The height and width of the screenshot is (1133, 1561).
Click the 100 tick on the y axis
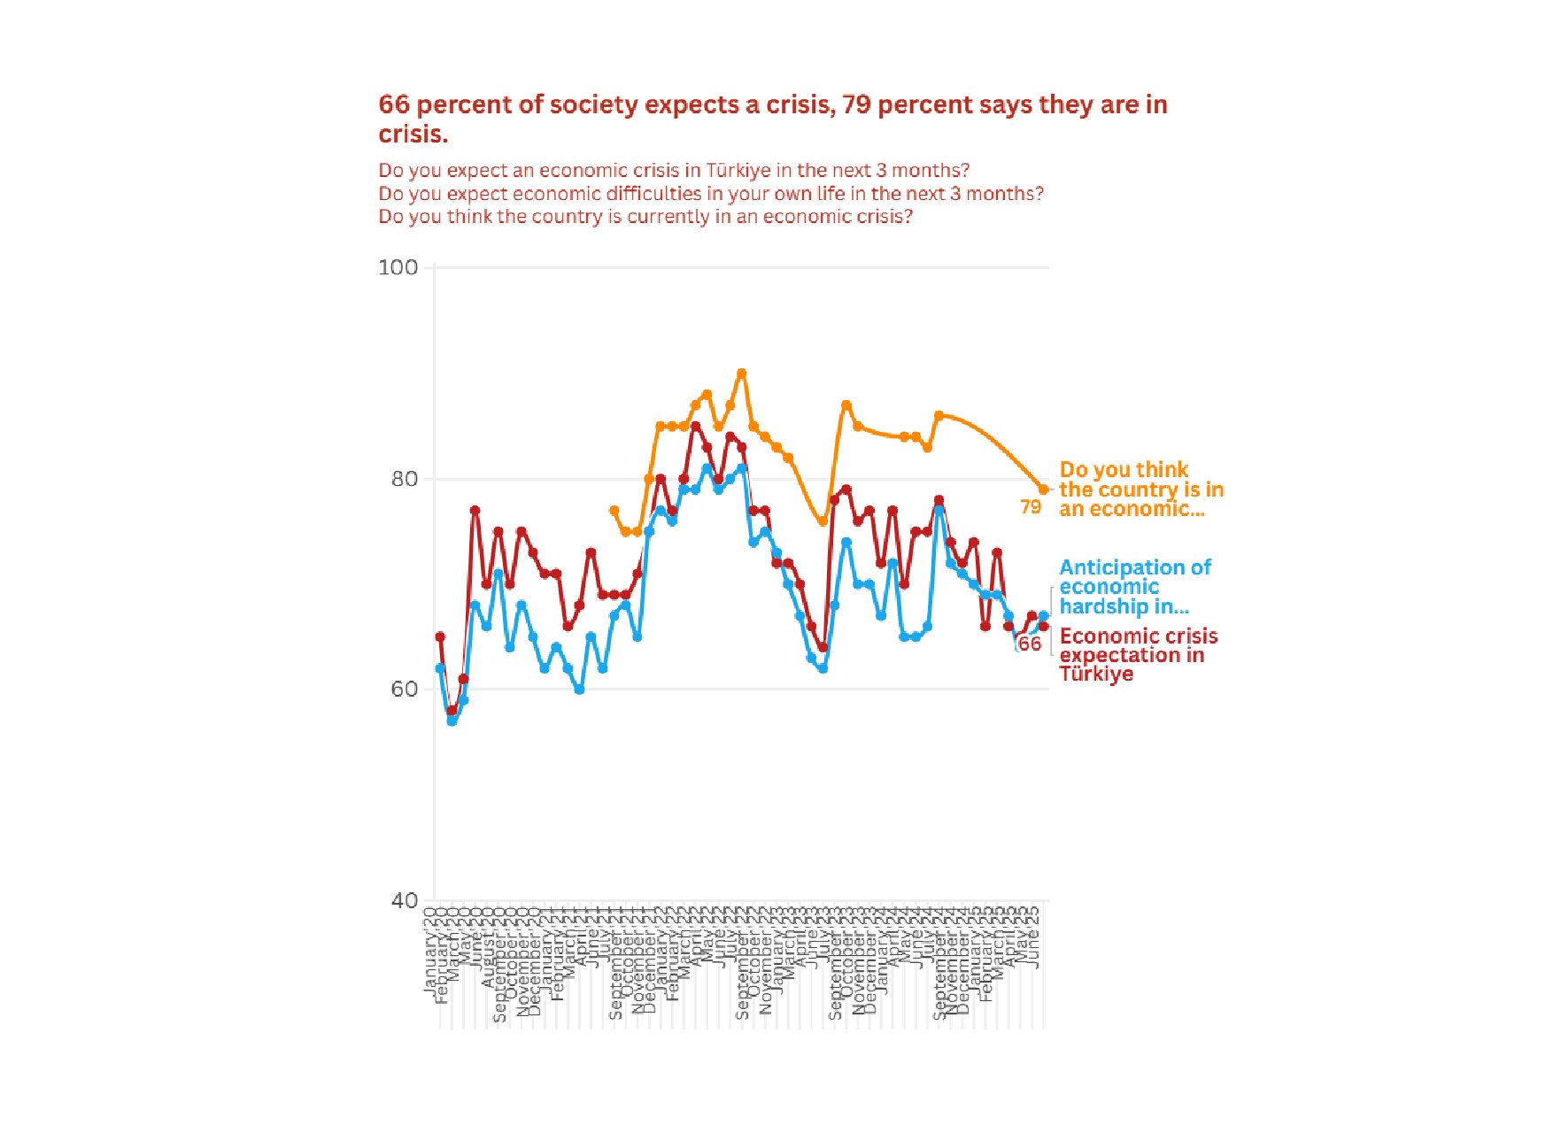(398, 267)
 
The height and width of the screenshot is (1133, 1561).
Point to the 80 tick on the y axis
(404, 479)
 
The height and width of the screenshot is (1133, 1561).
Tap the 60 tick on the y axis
(404, 690)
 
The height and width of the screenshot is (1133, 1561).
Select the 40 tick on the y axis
(404, 900)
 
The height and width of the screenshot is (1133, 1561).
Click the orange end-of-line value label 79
(1031, 507)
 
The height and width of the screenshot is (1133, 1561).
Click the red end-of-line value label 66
(1029, 644)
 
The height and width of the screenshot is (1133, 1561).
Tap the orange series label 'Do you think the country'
(1140, 489)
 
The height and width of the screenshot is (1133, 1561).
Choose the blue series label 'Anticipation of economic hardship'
(1134, 587)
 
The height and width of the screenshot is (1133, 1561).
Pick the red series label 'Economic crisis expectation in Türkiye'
(1138, 655)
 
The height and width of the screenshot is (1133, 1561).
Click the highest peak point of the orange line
(742, 374)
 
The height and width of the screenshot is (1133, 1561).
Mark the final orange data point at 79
(1044, 489)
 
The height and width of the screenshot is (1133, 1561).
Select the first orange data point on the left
(614, 511)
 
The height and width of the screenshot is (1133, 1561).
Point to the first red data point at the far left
(440, 637)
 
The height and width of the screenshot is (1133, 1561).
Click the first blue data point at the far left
(440, 668)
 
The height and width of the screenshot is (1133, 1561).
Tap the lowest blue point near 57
(452, 721)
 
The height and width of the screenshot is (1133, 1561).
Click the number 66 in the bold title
(394, 104)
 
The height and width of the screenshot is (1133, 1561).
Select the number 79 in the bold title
(856, 104)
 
